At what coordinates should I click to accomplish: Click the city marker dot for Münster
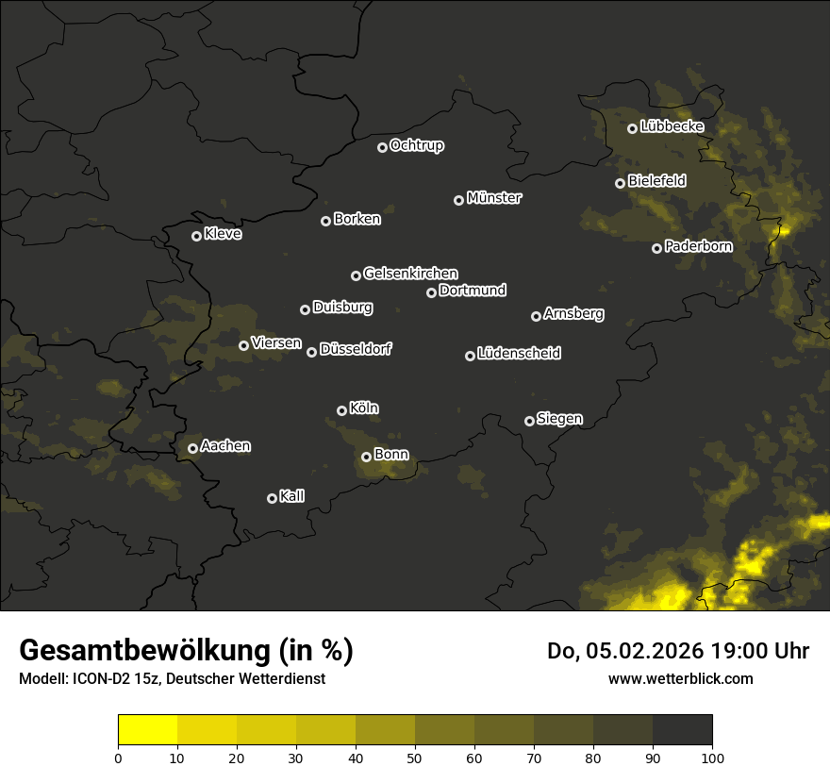click(x=459, y=200)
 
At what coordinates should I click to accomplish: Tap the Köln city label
click(x=364, y=408)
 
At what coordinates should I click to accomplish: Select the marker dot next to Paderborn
click(x=657, y=248)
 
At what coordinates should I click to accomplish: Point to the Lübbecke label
click(x=672, y=126)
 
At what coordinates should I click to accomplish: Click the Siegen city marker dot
click(x=529, y=421)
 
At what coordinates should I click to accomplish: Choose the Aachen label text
click(x=225, y=446)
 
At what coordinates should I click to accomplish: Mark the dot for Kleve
click(x=196, y=236)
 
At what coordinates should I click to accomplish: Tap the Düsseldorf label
click(x=356, y=349)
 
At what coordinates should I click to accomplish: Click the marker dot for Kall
click(x=272, y=498)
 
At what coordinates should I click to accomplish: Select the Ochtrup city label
click(x=416, y=145)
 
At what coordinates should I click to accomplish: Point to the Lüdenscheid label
click(x=519, y=354)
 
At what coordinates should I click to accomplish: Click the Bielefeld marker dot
click(x=620, y=183)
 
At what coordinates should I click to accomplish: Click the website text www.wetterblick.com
click(x=681, y=678)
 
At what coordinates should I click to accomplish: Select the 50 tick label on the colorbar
click(x=415, y=757)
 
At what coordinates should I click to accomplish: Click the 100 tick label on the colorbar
click(x=712, y=757)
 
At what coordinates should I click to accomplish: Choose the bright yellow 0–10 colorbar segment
click(x=148, y=730)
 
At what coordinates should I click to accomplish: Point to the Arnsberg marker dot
click(x=536, y=316)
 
